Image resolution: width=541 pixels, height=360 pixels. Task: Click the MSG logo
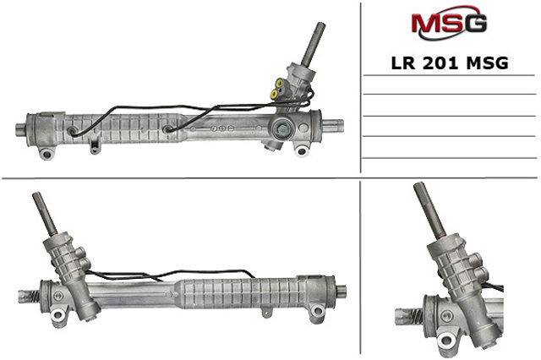(449, 24)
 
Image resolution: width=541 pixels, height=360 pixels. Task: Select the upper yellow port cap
(278, 83)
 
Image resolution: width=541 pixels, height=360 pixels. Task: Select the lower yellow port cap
(274, 94)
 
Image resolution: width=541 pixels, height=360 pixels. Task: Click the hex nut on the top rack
(282, 128)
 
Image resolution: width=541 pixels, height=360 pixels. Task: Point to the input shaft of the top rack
(313, 44)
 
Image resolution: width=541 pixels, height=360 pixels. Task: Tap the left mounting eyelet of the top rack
(46, 153)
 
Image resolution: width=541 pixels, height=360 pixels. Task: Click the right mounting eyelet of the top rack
(301, 150)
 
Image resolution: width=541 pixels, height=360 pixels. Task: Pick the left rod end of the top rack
(21, 129)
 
